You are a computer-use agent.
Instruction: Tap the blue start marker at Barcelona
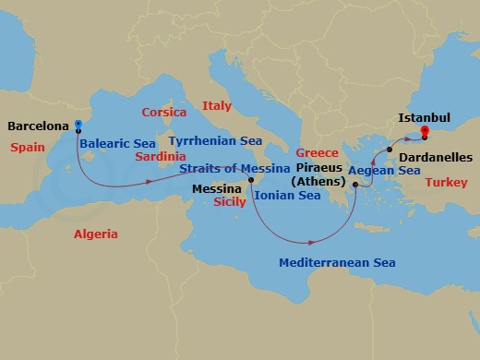pyautogui.click(x=78, y=124)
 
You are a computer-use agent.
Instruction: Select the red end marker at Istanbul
pyautogui.click(x=425, y=132)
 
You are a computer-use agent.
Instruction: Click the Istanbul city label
pyautogui.click(x=424, y=118)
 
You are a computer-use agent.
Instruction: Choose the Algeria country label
pyautogui.click(x=96, y=234)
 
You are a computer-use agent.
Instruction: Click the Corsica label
pyautogui.click(x=164, y=113)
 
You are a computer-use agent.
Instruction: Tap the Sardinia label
pyautogui.click(x=161, y=156)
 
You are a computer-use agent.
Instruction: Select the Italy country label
pyautogui.click(x=217, y=105)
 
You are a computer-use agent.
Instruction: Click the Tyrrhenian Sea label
pyautogui.click(x=215, y=140)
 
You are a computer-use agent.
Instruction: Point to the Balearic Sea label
pyautogui.click(x=116, y=144)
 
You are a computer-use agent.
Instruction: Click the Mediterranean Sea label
pyautogui.click(x=337, y=263)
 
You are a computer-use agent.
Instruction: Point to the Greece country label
pyautogui.click(x=317, y=152)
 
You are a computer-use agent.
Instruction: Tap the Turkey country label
pyautogui.click(x=442, y=183)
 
